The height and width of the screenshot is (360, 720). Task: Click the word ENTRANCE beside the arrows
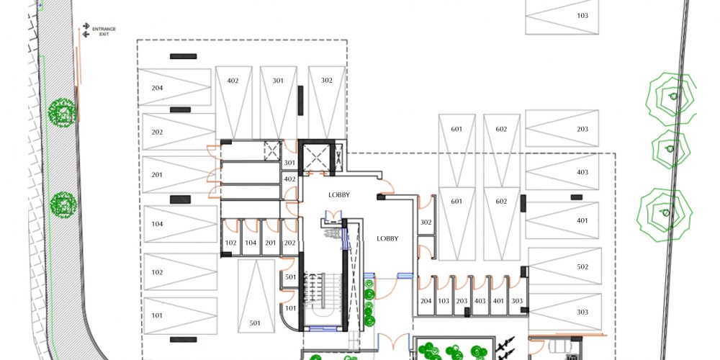[x=104, y=29]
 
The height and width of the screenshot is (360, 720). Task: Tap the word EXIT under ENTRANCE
[x=104, y=34]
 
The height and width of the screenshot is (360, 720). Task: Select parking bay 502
[x=564, y=266]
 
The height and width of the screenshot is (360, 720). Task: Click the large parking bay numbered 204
[x=174, y=87]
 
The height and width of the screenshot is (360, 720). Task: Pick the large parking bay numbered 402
[x=234, y=102]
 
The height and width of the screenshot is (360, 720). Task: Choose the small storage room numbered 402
[x=289, y=179]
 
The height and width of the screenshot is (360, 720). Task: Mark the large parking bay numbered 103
[x=562, y=17]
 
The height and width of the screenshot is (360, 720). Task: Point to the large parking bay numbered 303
[x=564, y=312]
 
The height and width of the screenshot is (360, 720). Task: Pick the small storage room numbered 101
[x=289, y=308]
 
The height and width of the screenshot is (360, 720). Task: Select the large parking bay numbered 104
[x=181, y=224]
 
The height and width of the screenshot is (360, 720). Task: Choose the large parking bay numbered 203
[x=562, y=128]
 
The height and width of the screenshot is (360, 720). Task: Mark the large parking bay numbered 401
[x=562, y=220]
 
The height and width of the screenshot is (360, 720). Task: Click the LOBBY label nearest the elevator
[x=339, y=194]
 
